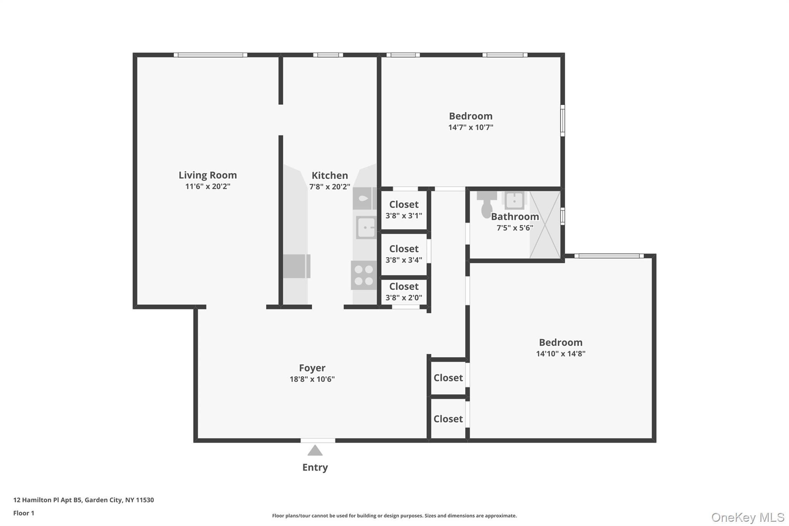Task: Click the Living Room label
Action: [x=208, y=175]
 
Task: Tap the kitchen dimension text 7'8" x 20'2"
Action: [x=329, y=187]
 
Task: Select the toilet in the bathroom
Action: [x=487, y=205]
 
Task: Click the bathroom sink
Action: [x=514, y=200]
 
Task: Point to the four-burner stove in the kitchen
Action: [x=363, y=275]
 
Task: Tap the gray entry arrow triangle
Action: [x=315, y=450]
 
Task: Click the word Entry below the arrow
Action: [x=315, y=467]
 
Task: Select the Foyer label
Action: [x=312, y=368]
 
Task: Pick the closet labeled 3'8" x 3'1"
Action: [x=403, y=210]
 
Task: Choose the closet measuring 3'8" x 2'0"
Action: [x=403, y=292]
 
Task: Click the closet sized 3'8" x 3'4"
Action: [x=403, y=254]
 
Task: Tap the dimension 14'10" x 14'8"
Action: [x=561, y=354]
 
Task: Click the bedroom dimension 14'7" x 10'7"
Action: [x=470, y=128]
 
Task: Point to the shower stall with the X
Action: [x=545, y=225]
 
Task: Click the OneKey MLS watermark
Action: [x=747, y=517]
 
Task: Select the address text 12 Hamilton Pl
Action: [x=84, y=500]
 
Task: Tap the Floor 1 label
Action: [x=24, y=513]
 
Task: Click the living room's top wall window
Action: [x=210, y=55]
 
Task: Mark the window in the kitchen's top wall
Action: [x=328, y=55]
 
